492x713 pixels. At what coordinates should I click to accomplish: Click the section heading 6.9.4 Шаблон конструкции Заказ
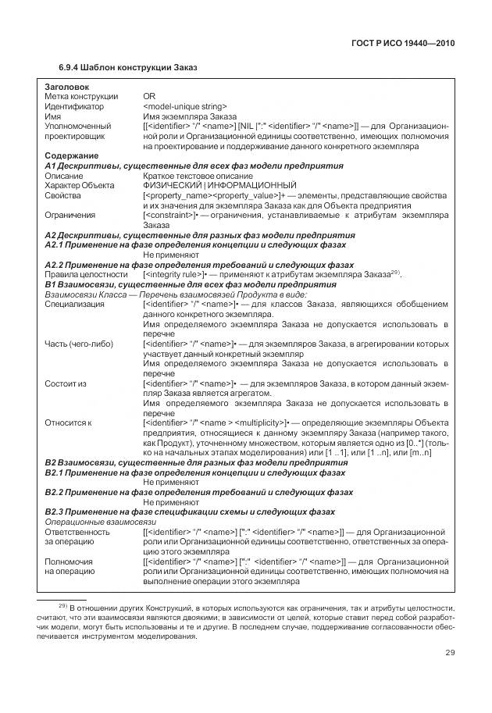point(128,67)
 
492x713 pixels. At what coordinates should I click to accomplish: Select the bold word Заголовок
point(67,86)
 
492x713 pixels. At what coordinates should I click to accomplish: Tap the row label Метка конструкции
point(81,96)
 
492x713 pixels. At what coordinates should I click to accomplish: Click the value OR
point(149,96)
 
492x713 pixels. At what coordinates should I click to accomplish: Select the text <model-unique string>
point(185,106)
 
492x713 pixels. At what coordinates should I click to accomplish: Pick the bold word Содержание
point(71,155)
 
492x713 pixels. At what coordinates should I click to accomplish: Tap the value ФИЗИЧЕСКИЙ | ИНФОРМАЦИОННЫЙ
point(219,186)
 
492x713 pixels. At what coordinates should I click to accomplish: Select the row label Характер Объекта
point(80,186)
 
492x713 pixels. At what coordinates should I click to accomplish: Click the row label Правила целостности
point(86,275)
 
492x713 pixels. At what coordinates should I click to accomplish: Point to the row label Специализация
point(75,305)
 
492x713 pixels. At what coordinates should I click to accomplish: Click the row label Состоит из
point(66,384)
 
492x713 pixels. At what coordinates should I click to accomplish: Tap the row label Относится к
point(68,423)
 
